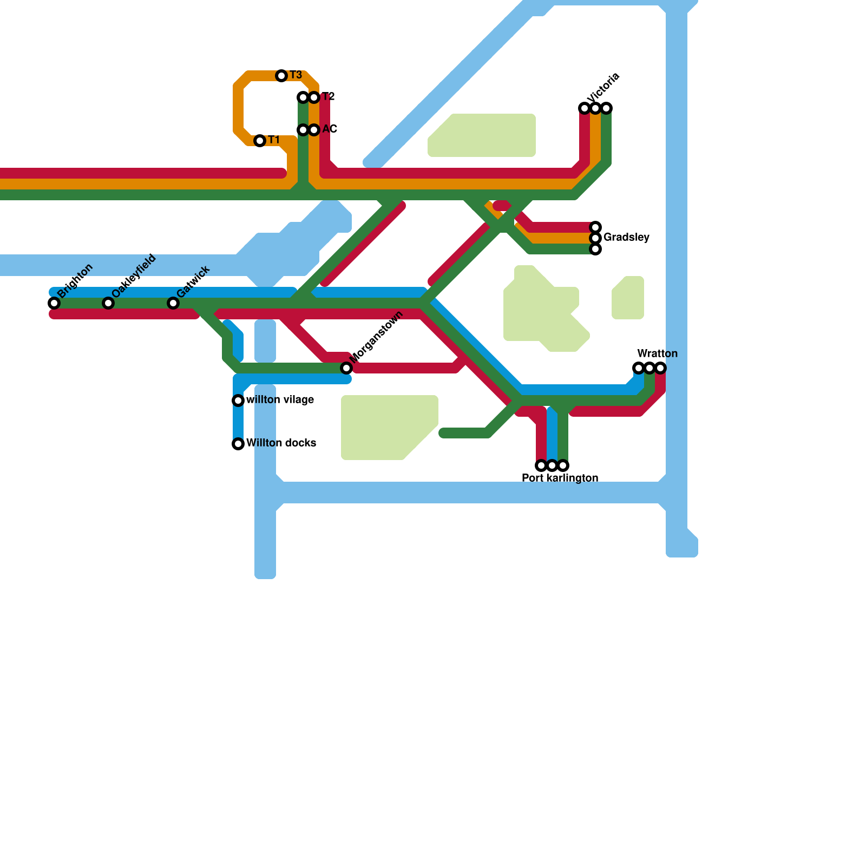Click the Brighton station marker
point(54,303)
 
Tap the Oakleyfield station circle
point(108,303)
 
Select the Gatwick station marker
point(173,303)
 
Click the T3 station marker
point(281,76)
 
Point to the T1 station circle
point(260,141)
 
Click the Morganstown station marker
point(346,368)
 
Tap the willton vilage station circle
point(238,401)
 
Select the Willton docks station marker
point(238,444)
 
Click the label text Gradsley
point(626,238)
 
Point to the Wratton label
point(657,354)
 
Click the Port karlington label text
point(560,478)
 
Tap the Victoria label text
point(603,88)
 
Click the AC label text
point(330,129)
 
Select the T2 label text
point(328,97)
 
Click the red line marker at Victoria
point(585,108)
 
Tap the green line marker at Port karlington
point(563,465)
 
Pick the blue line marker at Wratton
point(639,368)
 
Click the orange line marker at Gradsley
point(595,238)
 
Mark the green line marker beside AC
point(303,130)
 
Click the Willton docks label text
point(281,443)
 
